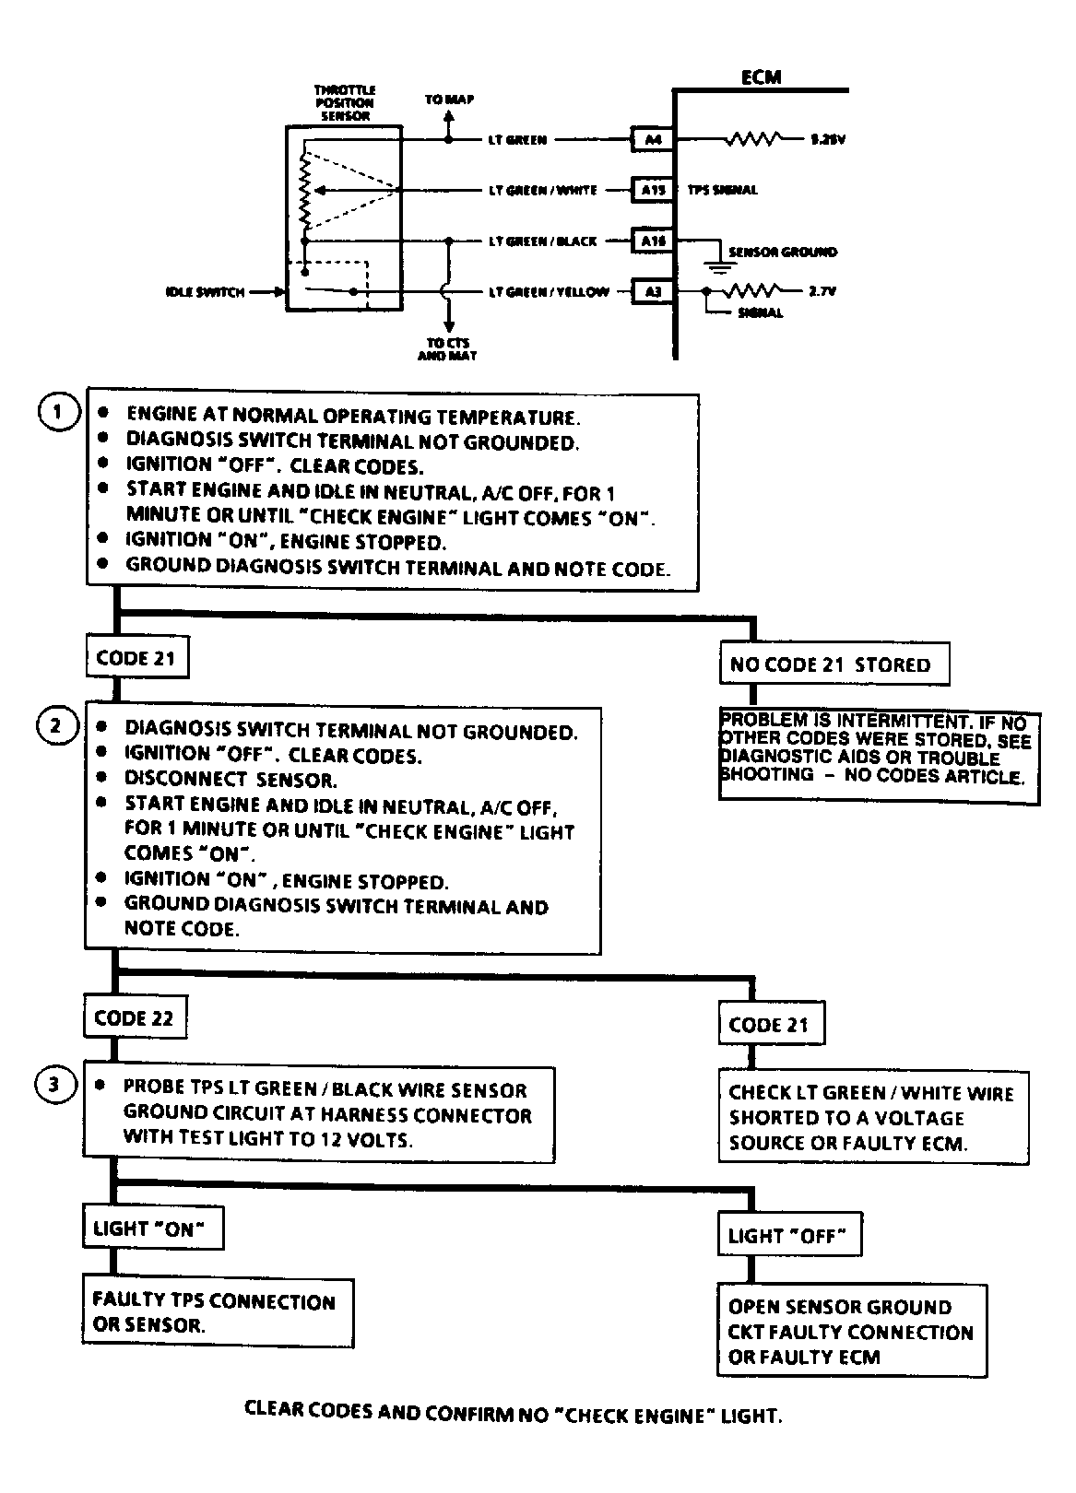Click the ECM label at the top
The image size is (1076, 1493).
click(x=761, y=78)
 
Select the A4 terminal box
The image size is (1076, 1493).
click(x=653, y=140)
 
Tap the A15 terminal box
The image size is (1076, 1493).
click(x=653, y=190)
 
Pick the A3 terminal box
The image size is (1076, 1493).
click(x=653, y=292)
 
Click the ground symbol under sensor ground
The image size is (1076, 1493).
click(x=720, y=268)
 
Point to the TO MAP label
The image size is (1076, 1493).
click(x=449, y=100)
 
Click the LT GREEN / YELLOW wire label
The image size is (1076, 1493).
click(x=549, y=292)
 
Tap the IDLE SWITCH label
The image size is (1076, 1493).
click(x=205, y=292)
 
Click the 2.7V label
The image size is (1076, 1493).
click(x=822, y=291)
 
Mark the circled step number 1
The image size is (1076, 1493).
click(x=57, y=412)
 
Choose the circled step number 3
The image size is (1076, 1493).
click(x=54, y=1085)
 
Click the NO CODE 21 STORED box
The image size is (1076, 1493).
click(x=830, y=664)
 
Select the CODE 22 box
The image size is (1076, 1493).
click(x=134, y=1018)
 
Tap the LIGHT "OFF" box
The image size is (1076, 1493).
click(x=787, y=1236)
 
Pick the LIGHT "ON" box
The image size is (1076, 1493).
click(x=152, y=1228)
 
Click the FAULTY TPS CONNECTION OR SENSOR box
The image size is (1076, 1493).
click(x=218, y=1313)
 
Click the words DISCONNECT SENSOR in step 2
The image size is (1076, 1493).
click(x=231, y=780)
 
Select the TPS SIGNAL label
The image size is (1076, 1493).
click(x=723, y=190)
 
